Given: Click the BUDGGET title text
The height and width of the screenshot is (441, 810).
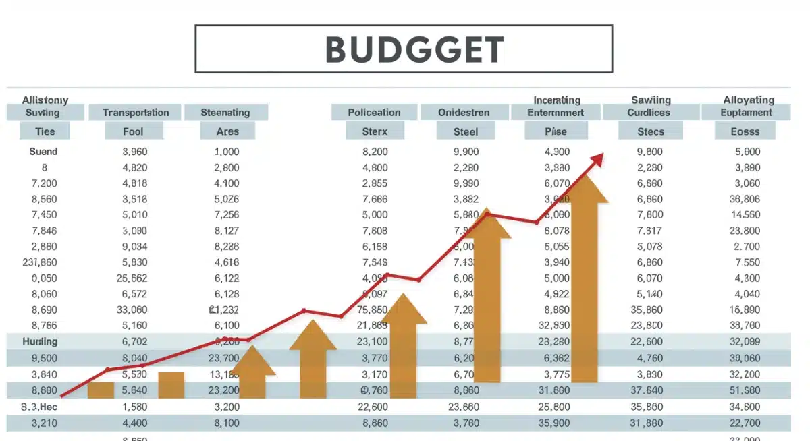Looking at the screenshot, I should [414, 49].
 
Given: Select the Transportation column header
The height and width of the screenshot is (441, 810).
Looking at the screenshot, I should [136, 113].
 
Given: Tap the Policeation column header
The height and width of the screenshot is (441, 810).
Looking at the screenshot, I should [374, 113].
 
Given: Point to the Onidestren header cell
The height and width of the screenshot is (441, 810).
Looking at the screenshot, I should [464, 113].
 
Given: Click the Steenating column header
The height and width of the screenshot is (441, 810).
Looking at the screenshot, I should [225, 113].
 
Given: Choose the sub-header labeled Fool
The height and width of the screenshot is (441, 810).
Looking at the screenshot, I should [133, 131].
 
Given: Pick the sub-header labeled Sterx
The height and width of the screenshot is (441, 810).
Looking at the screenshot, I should [375, 131].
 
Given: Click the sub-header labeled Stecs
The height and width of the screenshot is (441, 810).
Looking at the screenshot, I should [651, 131].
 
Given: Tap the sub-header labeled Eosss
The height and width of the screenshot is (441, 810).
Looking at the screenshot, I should [745, 131].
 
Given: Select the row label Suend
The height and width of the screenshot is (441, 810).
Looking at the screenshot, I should [43, 152].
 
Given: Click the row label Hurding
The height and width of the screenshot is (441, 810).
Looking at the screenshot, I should [40, 342].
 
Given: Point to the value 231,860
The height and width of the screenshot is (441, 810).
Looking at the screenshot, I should [40, 262].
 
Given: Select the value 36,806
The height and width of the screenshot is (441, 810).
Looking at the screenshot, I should [745, 199].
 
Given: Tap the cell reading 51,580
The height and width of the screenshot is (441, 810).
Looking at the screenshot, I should [745, 390].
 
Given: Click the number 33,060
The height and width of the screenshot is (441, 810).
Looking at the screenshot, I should [132, 310].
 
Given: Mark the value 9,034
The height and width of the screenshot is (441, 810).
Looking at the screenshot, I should [134, 247].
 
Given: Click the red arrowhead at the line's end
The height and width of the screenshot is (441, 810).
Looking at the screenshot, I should [596, 158].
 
